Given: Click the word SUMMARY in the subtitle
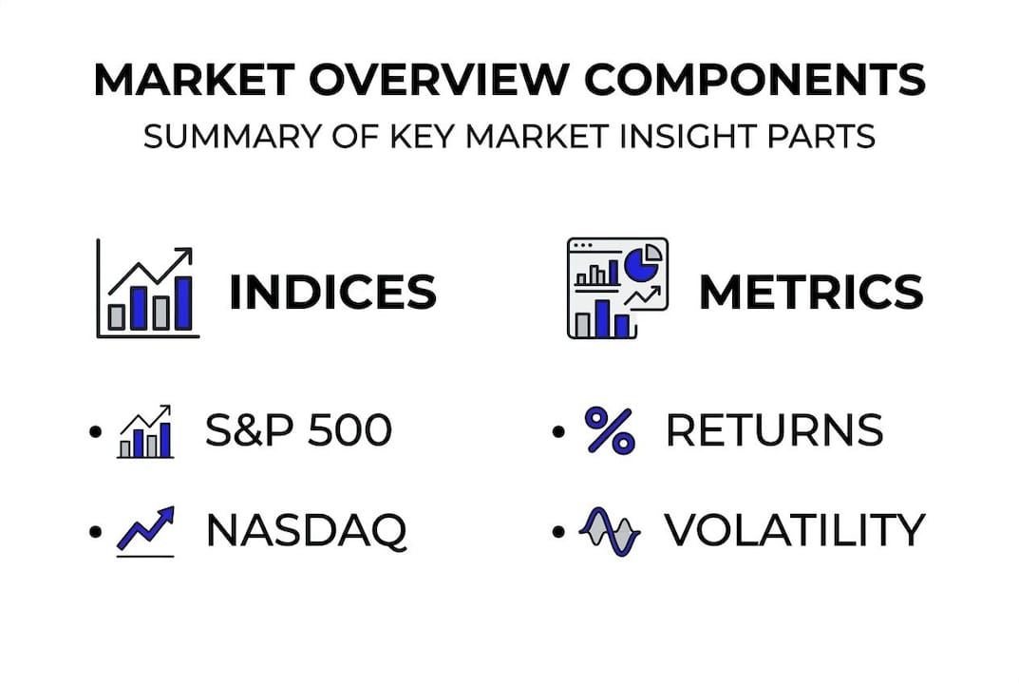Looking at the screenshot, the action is [x=232, y=137].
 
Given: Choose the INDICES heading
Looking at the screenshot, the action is [x=332, y=292].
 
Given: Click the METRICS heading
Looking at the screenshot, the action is [x=811, y=292].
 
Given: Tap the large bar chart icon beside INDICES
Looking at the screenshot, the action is [x=147, y=289].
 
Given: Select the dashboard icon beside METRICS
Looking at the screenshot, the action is [x=617, y=288].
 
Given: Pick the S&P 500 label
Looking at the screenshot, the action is [x=298, y=429].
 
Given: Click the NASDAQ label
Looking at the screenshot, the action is [x=306, y=530].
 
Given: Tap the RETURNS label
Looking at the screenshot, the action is [x=775, y=429].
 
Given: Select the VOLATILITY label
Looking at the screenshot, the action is [x=795, y=530].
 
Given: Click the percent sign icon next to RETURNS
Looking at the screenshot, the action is [x=610, y=429].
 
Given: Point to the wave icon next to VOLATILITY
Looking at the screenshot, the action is [x=610, y=532].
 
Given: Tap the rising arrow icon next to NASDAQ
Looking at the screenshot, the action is [x=145, y=531].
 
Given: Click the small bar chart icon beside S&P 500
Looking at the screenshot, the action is [x=145, y=431].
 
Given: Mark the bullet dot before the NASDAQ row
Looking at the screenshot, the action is [x=96, y=532].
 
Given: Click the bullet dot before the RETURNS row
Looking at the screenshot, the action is [x=558, y=431].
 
